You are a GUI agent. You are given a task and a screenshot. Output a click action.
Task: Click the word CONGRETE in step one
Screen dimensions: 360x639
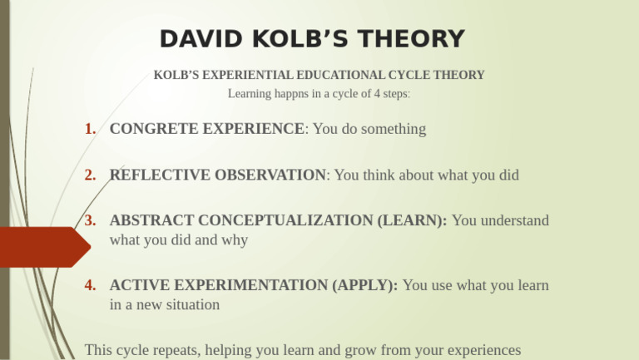tap(149, 129)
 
